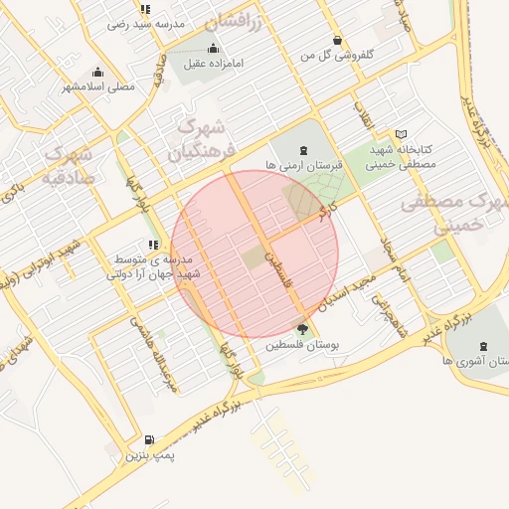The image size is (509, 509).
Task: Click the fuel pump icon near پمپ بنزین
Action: click(149, 439)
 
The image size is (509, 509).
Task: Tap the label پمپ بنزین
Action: click(150, 456)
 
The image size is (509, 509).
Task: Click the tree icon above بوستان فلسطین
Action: click(302, 329)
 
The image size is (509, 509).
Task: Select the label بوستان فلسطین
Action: click(303, 345)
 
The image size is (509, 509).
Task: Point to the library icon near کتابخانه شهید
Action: click(401, 133)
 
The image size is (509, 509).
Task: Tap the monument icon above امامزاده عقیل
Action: click(212, 49)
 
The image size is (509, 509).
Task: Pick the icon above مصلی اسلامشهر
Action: click(97, 72)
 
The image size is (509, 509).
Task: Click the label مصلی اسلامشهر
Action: click(98, 87)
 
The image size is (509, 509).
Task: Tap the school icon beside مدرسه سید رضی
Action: click(146, 9)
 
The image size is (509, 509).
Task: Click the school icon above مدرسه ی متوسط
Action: click(152, 244)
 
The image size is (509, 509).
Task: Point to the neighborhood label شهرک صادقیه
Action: click(67, 166)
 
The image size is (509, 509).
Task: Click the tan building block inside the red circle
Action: click(254, 257)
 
